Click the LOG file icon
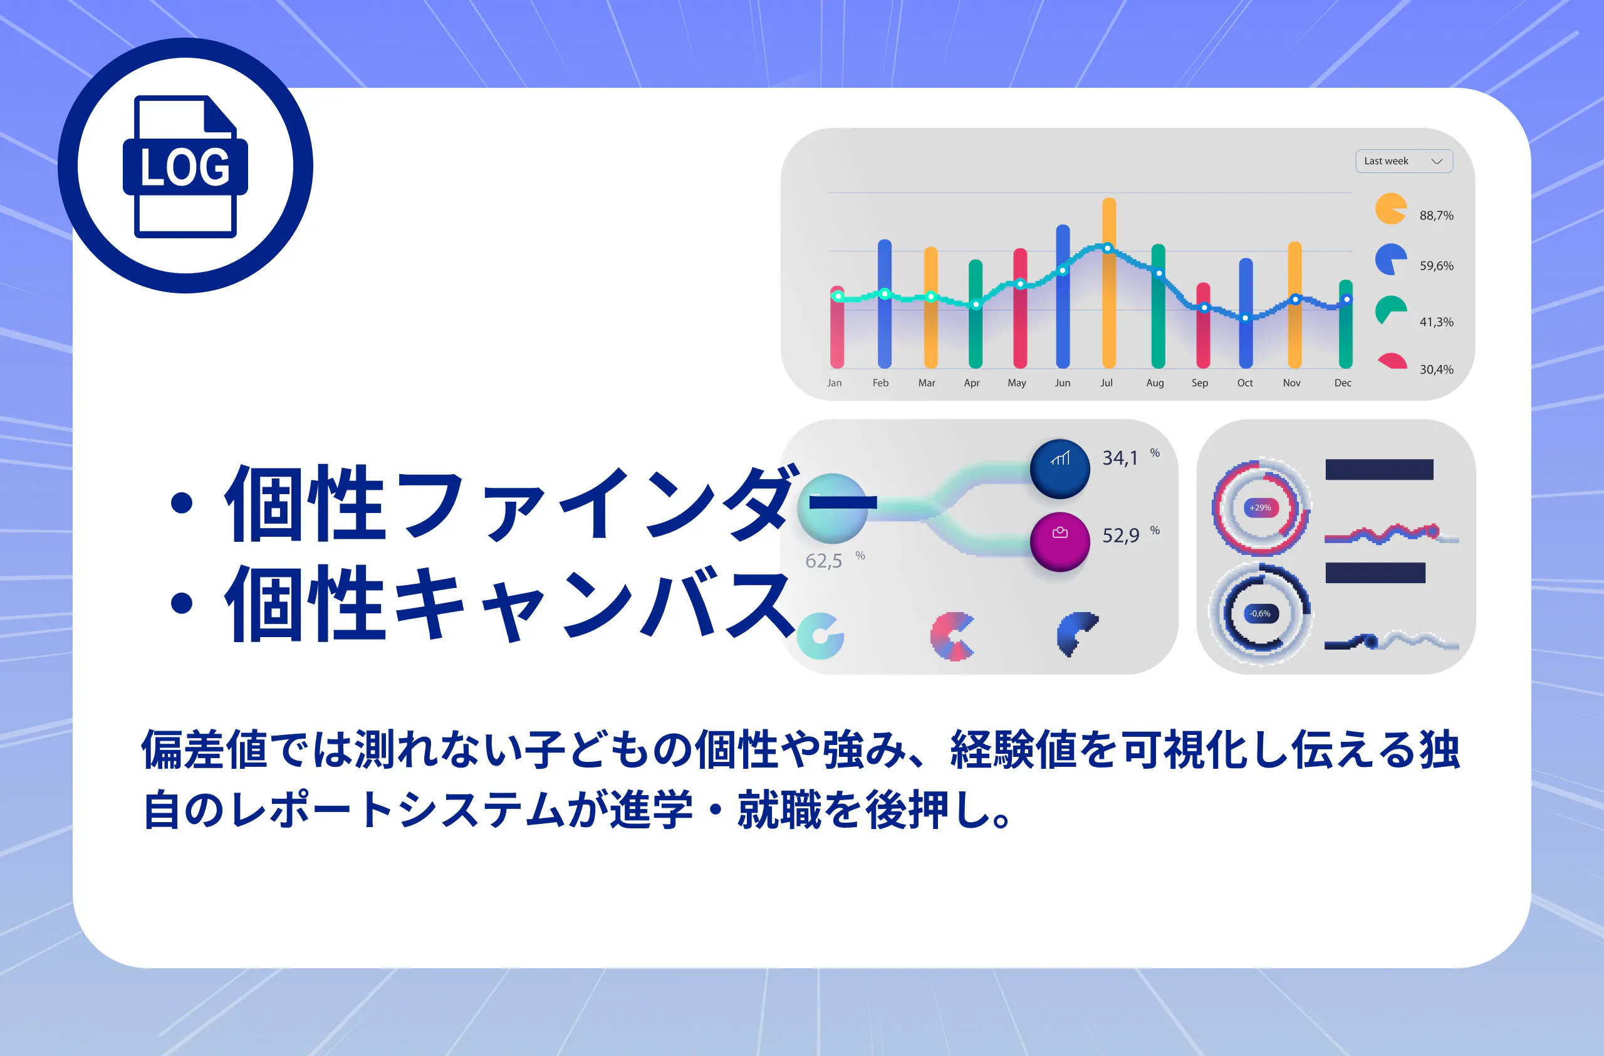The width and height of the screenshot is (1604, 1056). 185,166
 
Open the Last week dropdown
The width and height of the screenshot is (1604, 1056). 1404,161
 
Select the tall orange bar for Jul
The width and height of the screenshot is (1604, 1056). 1108,283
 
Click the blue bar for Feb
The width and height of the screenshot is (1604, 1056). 884,304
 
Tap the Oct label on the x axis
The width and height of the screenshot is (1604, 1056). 1245,383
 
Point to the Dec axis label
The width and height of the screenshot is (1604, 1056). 1343,383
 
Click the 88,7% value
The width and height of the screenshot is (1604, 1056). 1436,216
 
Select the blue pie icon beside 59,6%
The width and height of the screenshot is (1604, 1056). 1390,260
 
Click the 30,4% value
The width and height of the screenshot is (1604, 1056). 1436,369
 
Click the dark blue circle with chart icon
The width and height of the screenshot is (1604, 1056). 1060,468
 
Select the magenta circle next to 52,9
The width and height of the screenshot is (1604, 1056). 1060,542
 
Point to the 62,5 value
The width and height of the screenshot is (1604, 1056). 823,561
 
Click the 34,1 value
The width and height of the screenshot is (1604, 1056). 1120,458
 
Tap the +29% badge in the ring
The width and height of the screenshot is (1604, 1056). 1260,508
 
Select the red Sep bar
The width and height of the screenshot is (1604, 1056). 1203,325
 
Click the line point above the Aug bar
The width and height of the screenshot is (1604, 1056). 1159,273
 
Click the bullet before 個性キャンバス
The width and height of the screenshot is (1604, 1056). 181,603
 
